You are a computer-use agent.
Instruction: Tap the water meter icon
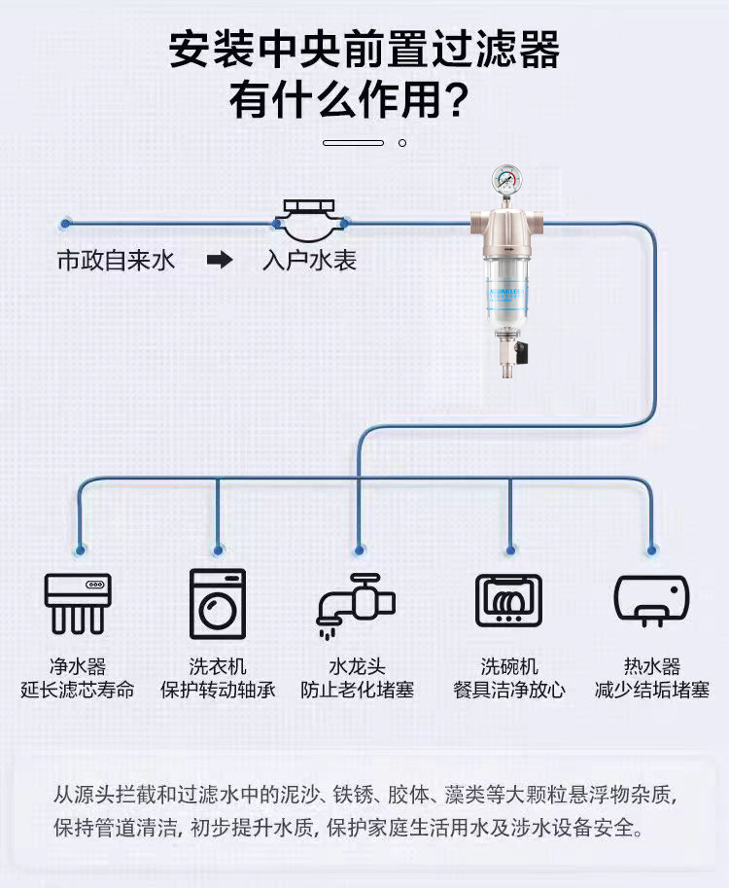(x=309, y=222)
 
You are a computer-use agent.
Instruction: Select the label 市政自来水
(x=116, y=261)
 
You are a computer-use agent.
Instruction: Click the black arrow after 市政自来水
(x=220, y=261)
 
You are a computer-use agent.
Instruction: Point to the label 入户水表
(x=309, y=261)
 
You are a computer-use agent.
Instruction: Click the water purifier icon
(x=78, y=603)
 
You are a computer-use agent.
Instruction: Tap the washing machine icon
(x=218, y=603)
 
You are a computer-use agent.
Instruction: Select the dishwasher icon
(x=508, y=601)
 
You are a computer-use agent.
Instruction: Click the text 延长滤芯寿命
(x=78, y=691)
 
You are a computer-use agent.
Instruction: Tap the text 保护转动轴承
(x=218, y=691)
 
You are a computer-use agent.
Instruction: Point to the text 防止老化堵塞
(x=357, y=691)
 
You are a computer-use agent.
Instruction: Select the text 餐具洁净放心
(x=508, y=691)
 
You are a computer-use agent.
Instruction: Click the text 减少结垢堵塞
(x=651, y=691)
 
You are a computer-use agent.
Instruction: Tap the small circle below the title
(x=402, y=143)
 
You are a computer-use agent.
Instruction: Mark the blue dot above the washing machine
(x=218, y=550)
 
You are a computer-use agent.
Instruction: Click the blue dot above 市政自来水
(x=65, y=224)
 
